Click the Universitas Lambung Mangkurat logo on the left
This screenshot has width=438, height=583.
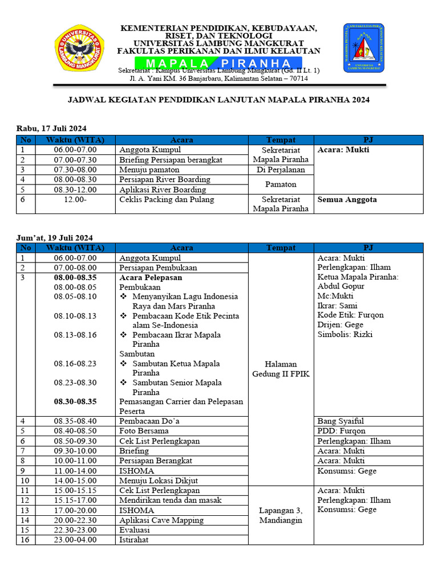80,49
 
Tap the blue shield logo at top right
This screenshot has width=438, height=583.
363,48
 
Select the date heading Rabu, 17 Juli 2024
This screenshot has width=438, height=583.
51,128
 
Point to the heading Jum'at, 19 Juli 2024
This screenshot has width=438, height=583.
54,237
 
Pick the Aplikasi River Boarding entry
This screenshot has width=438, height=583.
163,190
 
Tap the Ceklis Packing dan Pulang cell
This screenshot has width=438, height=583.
167,200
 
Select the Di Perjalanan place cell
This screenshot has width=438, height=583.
281,170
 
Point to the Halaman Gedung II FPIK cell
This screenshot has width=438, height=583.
281,369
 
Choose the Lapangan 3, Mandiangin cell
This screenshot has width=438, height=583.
281,515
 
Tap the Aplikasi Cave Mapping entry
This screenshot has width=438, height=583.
161,520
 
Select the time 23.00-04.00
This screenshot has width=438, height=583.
75,540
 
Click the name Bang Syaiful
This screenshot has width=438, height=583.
340,421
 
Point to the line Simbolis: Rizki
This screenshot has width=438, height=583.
344,335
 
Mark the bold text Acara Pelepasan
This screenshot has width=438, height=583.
151,277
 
